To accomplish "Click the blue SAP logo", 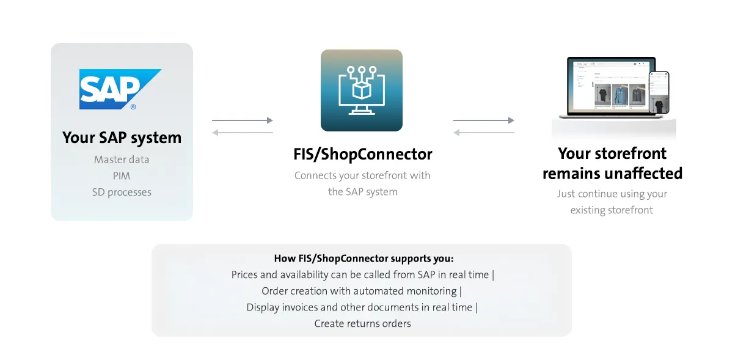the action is point(120,89).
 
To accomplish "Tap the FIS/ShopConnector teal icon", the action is point(362,90).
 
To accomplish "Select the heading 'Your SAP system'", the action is point(122,138).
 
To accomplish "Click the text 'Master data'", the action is point(122,160).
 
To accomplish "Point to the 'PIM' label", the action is point(122,175).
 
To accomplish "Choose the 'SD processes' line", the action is point(122,192).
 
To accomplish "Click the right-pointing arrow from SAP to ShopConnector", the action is point(243,120).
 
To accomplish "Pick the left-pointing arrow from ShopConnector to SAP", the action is point(243,133).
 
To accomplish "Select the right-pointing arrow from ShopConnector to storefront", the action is point(484,120).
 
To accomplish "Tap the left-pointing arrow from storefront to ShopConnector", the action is point(484,133).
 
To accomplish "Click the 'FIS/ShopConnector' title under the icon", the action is point(363,154).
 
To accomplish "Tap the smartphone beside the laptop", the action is point(659,93).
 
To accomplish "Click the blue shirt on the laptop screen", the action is point(620,94).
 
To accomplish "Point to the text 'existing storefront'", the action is point(612,210).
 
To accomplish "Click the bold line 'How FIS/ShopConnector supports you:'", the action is point(364,259).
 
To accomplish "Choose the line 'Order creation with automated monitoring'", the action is point(359,291).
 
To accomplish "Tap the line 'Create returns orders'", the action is point(362,324).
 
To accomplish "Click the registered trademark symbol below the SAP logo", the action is point(133,106).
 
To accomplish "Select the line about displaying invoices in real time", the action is point(359,307).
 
